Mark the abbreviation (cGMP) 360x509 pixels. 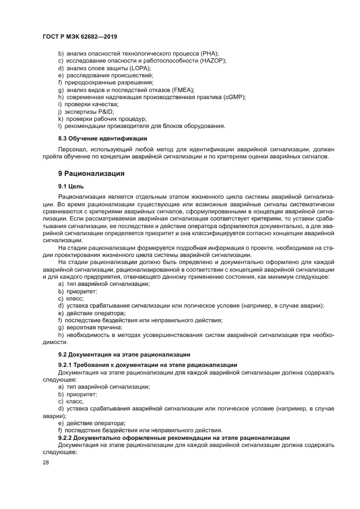(234, 97)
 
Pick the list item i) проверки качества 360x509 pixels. (88, 104)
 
